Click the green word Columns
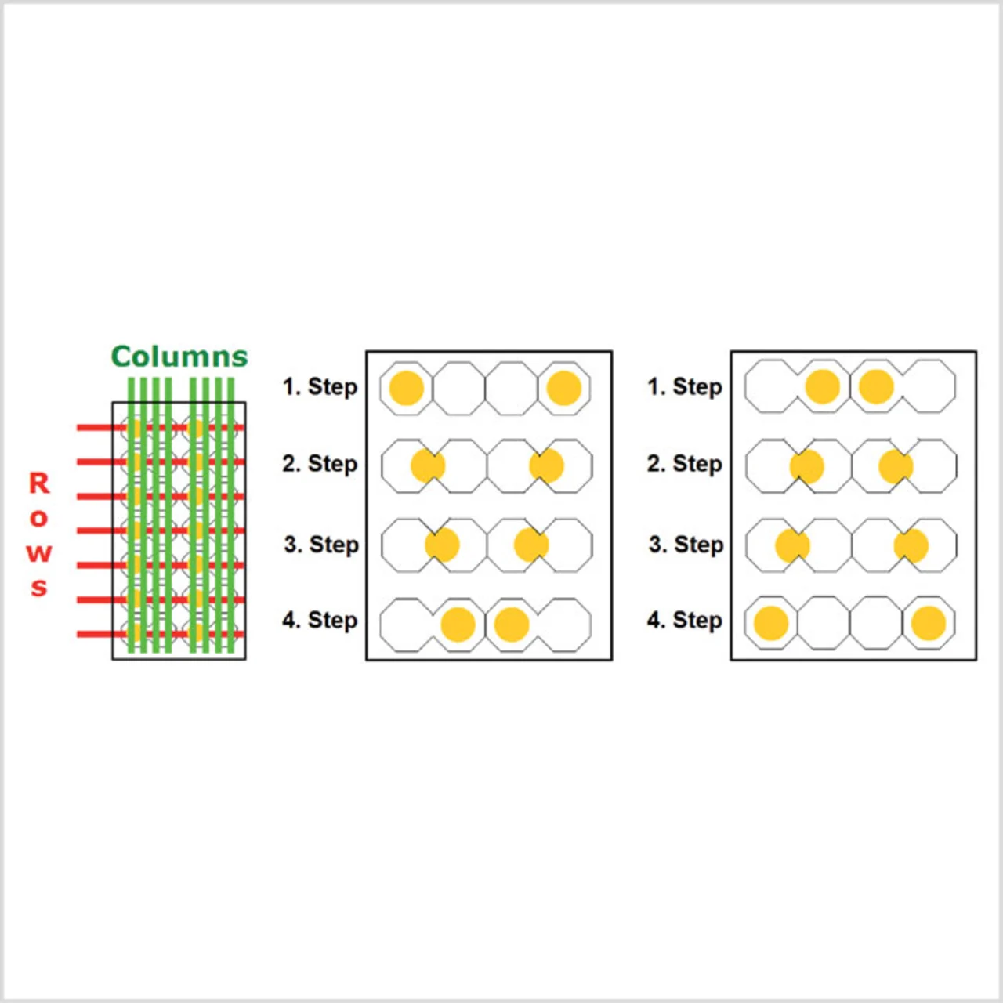point(179,357)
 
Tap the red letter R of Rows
point(39,483)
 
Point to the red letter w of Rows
point(39,553)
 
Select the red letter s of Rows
point(39,588)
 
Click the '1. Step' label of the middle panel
point(320,387)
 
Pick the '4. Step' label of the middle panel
point(320,620)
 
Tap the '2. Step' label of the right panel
point(685,463)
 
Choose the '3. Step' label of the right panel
point(686,545)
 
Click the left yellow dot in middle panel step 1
point(407,388)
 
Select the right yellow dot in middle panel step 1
point(563,388)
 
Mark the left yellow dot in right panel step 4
point(771,622)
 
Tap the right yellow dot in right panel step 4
point(929,622)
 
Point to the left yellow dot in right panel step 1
point(823,387)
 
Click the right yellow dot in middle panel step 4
point(512,624)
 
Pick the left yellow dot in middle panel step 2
point(428,465)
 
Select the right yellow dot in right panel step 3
point(911,545)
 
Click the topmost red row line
point(161,428)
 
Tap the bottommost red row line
point(161,634)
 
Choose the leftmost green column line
point(131,515)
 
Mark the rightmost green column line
point(231,515)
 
